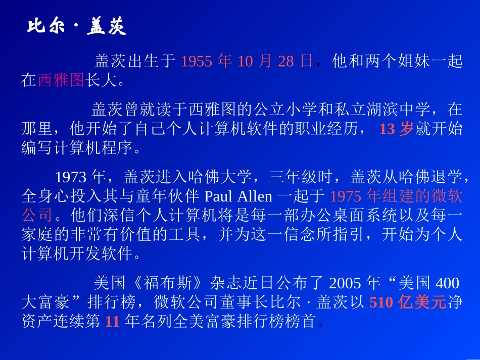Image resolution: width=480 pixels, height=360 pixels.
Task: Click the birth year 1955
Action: tap(197, 62)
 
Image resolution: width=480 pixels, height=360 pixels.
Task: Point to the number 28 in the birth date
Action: tap(285, 62)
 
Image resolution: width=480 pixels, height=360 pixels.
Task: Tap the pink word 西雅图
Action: tap(61, 80)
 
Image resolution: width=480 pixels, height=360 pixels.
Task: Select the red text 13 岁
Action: tap(396, 129)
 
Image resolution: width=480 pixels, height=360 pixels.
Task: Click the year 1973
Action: tap(70, 178)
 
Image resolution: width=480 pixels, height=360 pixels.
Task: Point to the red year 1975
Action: tap(346, 196)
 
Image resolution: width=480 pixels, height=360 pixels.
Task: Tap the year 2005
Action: tap(346, 283)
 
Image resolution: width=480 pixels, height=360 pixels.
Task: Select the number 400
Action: tap(447, 283)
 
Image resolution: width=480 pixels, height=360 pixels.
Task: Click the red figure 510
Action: tap(382, 302)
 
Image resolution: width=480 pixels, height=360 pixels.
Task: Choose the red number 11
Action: tap(112, 321)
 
